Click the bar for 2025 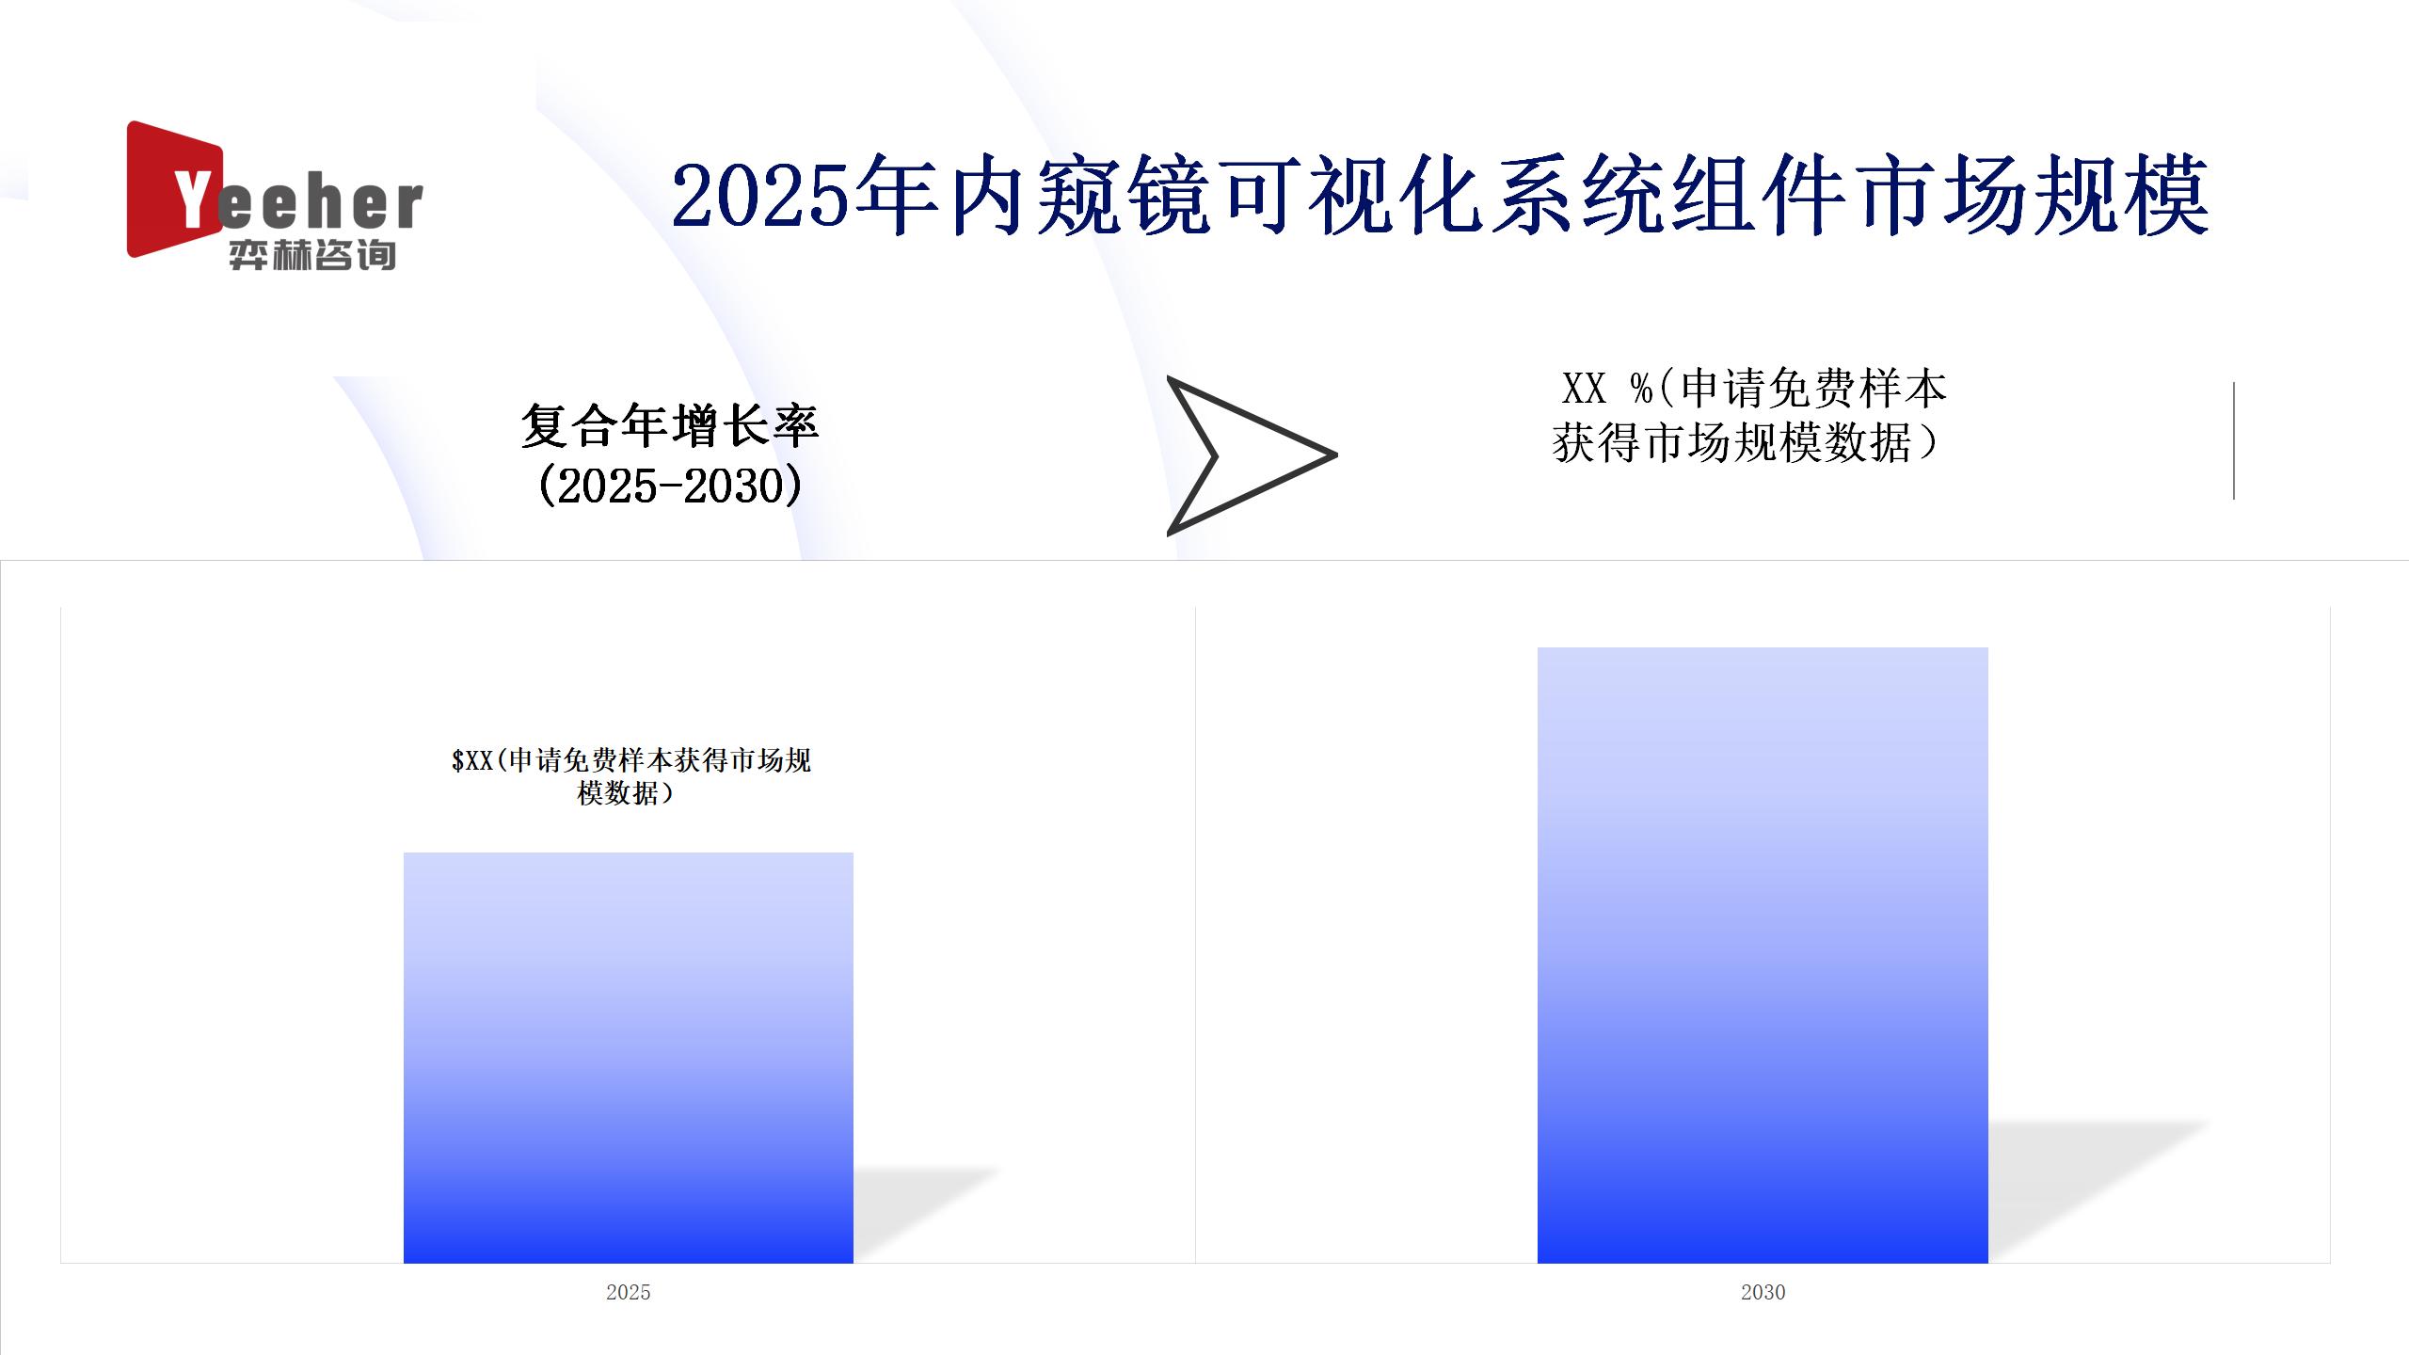(x=629, y=1058)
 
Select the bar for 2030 (x=1763, y=955)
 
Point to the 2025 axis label (x=629, y=1292)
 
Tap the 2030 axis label (x=1763, y=1292)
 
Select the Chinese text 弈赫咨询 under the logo (x=312, y=255)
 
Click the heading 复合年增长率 (x=670, y=426)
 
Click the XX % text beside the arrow (x=1606, y=388)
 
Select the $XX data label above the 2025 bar (x=630, y=776)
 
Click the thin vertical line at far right (x=2234, y=440)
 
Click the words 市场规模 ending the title (x=2034, y=196)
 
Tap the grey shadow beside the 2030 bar (x=2098, y=1190)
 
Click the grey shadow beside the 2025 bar (x=927, y=1214)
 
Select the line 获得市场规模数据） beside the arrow (x=1747, y=442)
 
